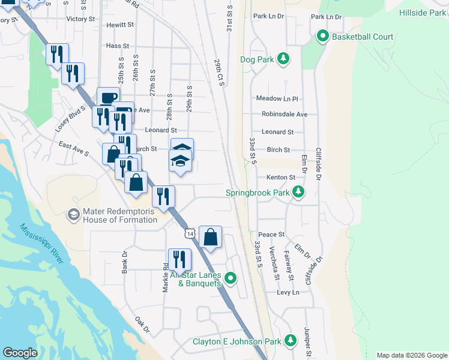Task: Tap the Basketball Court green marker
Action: coord(322,37)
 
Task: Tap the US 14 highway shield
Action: coord(190,233)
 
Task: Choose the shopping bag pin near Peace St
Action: coord(211,237)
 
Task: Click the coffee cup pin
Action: coord(108,98)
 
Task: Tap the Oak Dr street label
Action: coord(142,325)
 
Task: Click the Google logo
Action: coord(20,353)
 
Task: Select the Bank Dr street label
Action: coord(125,262)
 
